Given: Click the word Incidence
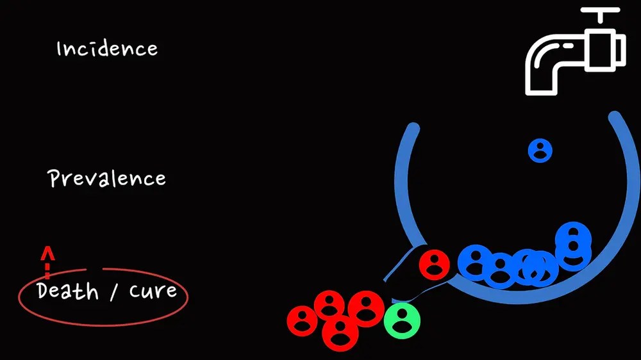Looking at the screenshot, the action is [x=107, y=49].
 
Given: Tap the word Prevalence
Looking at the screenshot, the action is [x=107, y=178].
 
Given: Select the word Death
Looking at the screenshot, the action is [x=68, y=291].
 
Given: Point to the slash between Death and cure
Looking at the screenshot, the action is [x=113, y=293].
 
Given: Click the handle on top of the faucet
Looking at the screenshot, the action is [x=600, y=13].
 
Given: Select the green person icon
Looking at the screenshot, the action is [x=402, y=320].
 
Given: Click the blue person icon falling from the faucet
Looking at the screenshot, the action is [x=540, y=151].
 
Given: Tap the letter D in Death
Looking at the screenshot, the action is [x=44, y=291].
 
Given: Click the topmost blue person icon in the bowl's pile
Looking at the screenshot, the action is [x=573, y=235].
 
